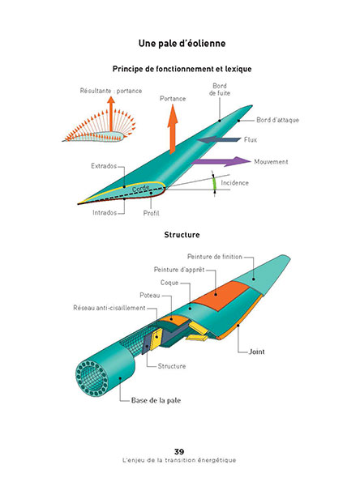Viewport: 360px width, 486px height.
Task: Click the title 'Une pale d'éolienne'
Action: click(x=182, y=44)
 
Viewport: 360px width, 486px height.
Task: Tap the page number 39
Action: click(x=179, y=451)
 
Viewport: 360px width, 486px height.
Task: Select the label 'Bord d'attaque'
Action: click(x=277, y=120)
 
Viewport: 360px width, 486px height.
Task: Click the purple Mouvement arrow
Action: click(x=221, y=161)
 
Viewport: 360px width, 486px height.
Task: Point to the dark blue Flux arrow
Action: click(x=219, y=139)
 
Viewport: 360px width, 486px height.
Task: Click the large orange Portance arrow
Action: click(x=173, y=130)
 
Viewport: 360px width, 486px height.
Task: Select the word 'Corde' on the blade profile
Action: click(x=141, y=188)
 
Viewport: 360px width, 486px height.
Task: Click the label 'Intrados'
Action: click(x=105, y=212)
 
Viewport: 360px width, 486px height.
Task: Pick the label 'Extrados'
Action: click(x=104, y=166)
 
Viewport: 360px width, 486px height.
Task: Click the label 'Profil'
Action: click(x=151, y=213)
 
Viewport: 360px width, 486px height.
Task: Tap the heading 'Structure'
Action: click(x=182, y=235)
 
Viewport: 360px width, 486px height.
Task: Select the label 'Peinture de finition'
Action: click(x=214, y=257)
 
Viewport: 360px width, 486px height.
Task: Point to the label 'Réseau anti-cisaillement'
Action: click(x=109, y=308)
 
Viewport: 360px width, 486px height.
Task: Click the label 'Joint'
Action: click(x=257, y=352)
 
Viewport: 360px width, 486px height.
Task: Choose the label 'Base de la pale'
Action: click(x=156, y=400)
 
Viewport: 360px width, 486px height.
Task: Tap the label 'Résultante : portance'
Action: click(x=111, y=91)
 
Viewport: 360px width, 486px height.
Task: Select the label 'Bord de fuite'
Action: click(x=220, y=89)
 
